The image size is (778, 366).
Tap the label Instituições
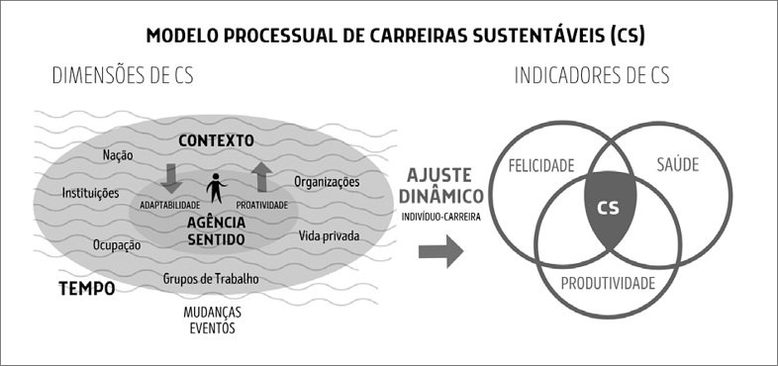90,193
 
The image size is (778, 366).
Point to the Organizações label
327,182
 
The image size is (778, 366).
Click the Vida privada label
328,237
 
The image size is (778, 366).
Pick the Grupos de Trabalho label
211,279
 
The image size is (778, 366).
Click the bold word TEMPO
85,288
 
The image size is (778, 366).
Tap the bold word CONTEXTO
217,140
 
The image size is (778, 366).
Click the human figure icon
216,190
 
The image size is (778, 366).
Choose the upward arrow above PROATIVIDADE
262,177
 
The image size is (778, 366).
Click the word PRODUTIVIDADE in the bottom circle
609,284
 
